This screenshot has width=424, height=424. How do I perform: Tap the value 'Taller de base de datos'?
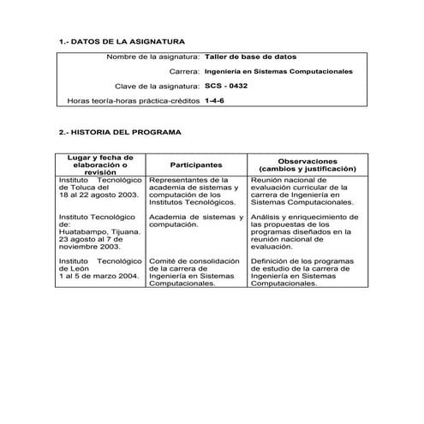[x=252, y=57]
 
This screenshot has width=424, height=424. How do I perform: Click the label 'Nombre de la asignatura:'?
[x=153, y=57]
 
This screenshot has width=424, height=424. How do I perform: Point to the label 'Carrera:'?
[x=184, y=71]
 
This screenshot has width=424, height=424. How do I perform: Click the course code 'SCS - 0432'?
[x=227, y=86]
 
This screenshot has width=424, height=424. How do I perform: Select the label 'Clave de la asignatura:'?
[x=158, y=86]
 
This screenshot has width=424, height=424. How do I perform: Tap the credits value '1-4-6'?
[x=216, y=100]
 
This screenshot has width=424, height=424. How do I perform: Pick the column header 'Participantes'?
[x=196, y=164]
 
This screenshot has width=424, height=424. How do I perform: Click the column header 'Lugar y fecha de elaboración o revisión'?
[x=99, y=164]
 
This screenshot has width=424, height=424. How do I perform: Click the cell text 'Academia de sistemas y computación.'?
[x=195, y=220]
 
